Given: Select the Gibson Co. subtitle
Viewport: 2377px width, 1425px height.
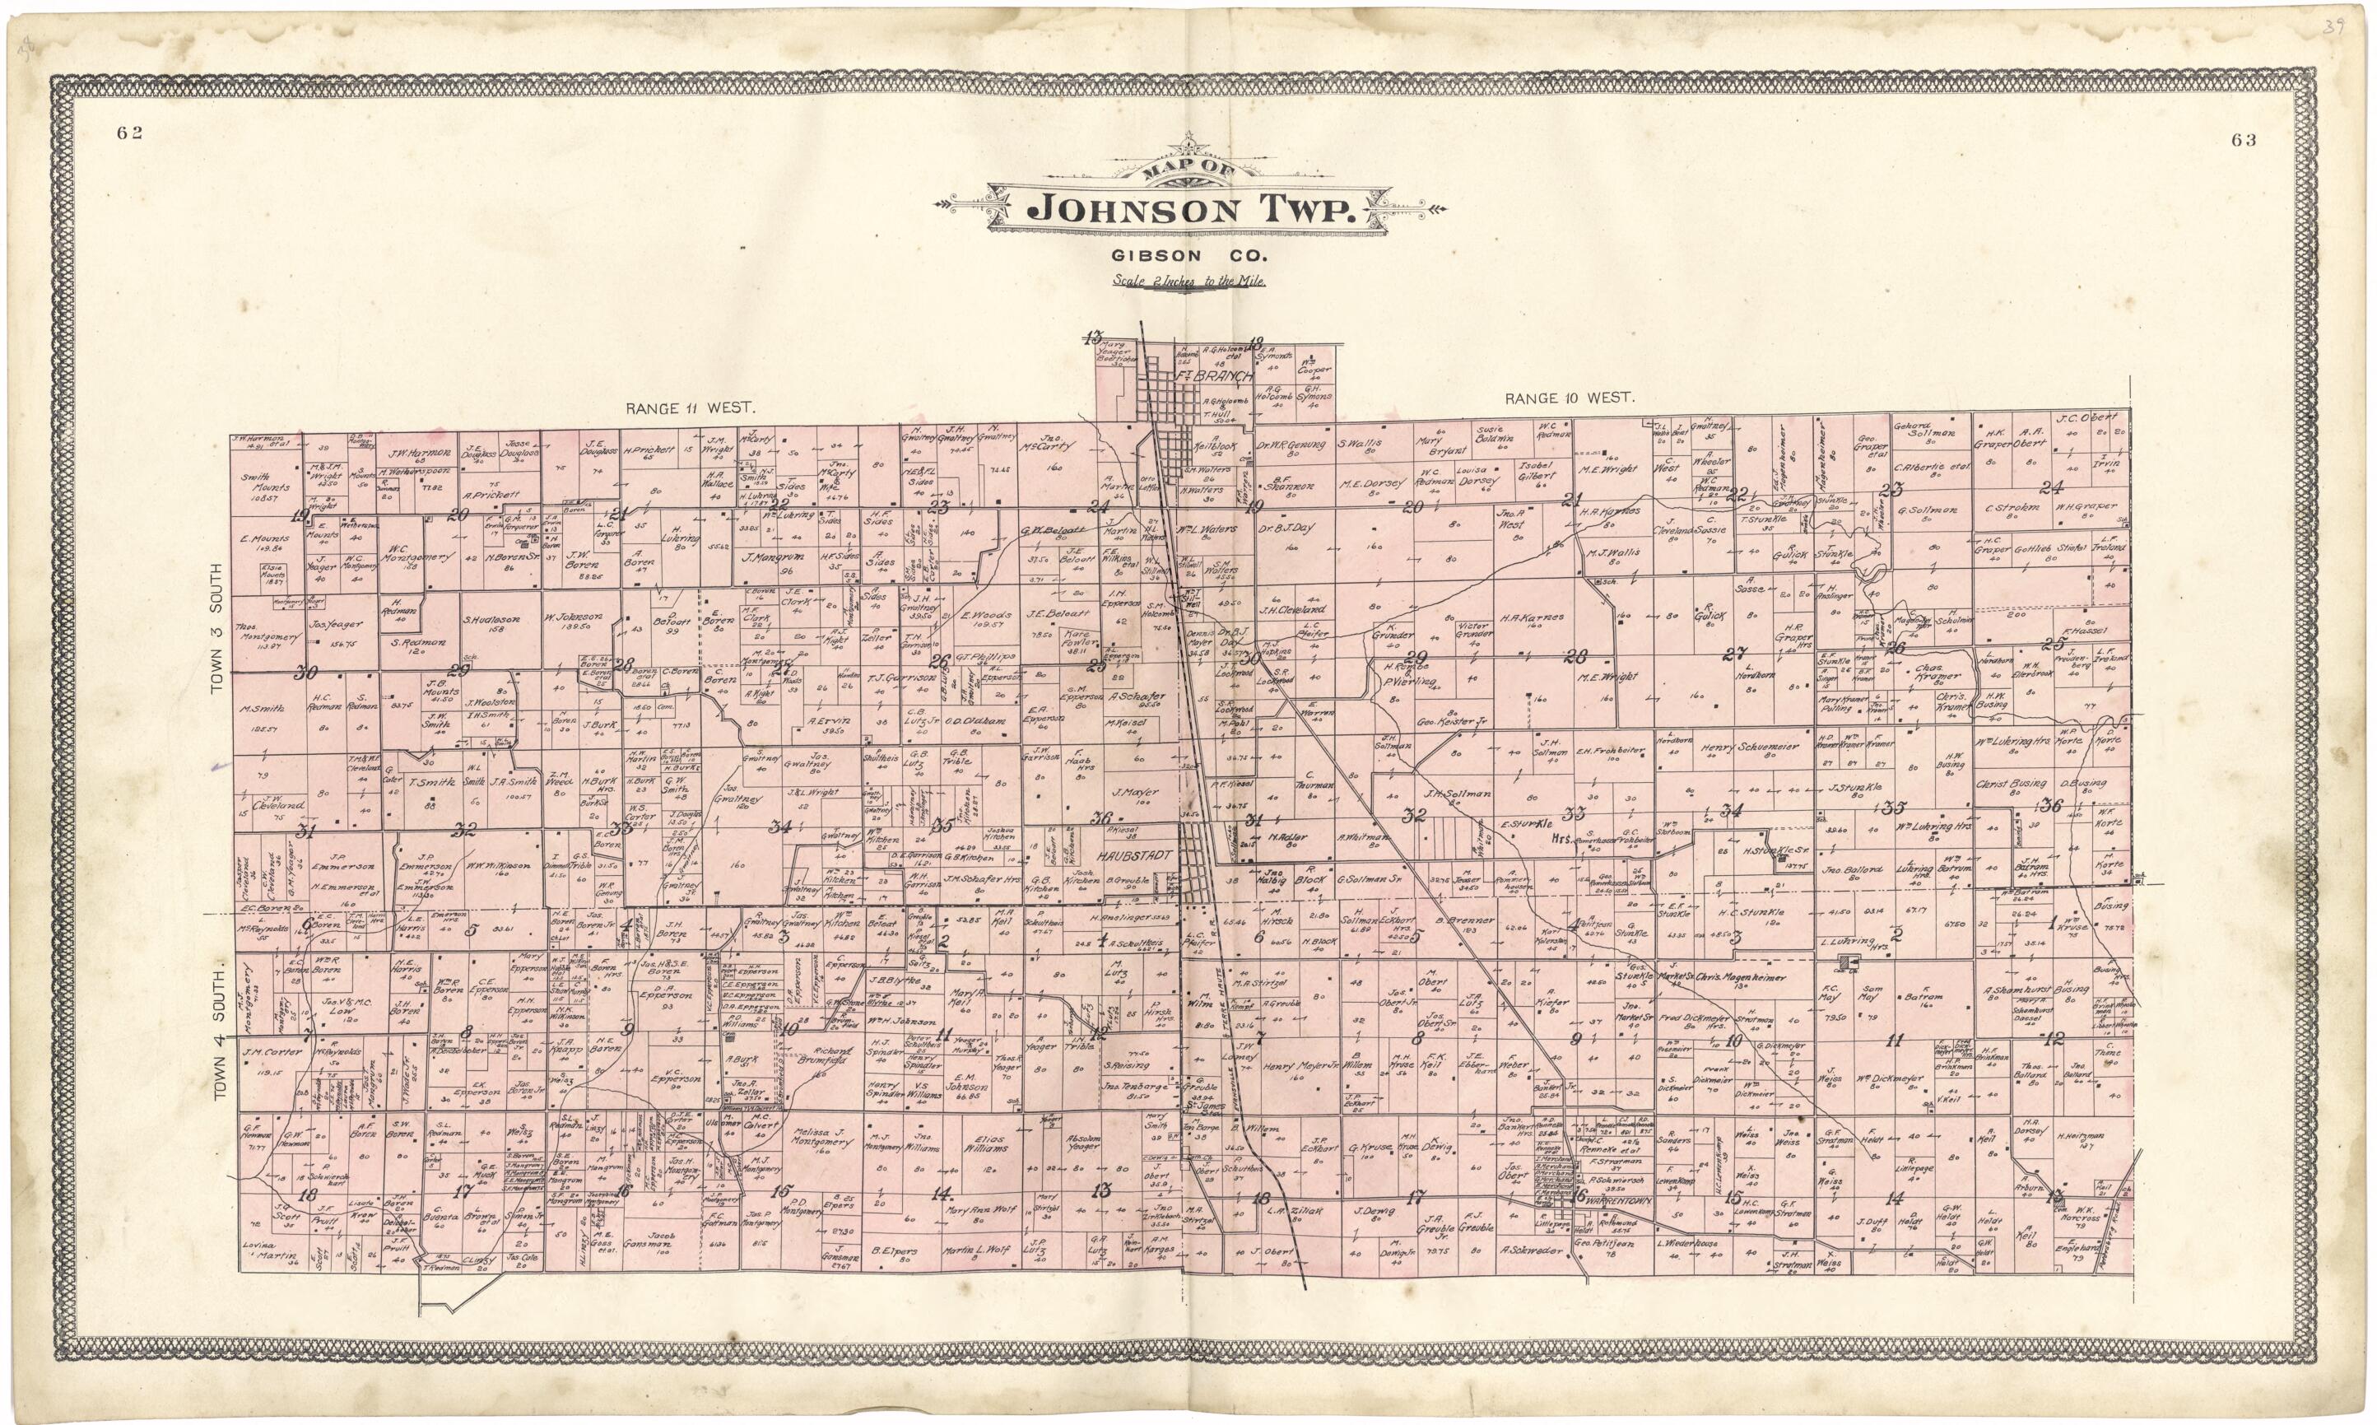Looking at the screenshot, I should pyautogui.click(x=1188, y=256).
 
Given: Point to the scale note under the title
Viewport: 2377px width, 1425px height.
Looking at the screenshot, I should pyautogui.click(x=1189, y=282).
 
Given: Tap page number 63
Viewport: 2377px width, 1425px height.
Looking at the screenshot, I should pyautogui.click(x=2244, y=140).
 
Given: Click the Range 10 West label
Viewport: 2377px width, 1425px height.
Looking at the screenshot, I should pyautogui.click(x=1570, y=398).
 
